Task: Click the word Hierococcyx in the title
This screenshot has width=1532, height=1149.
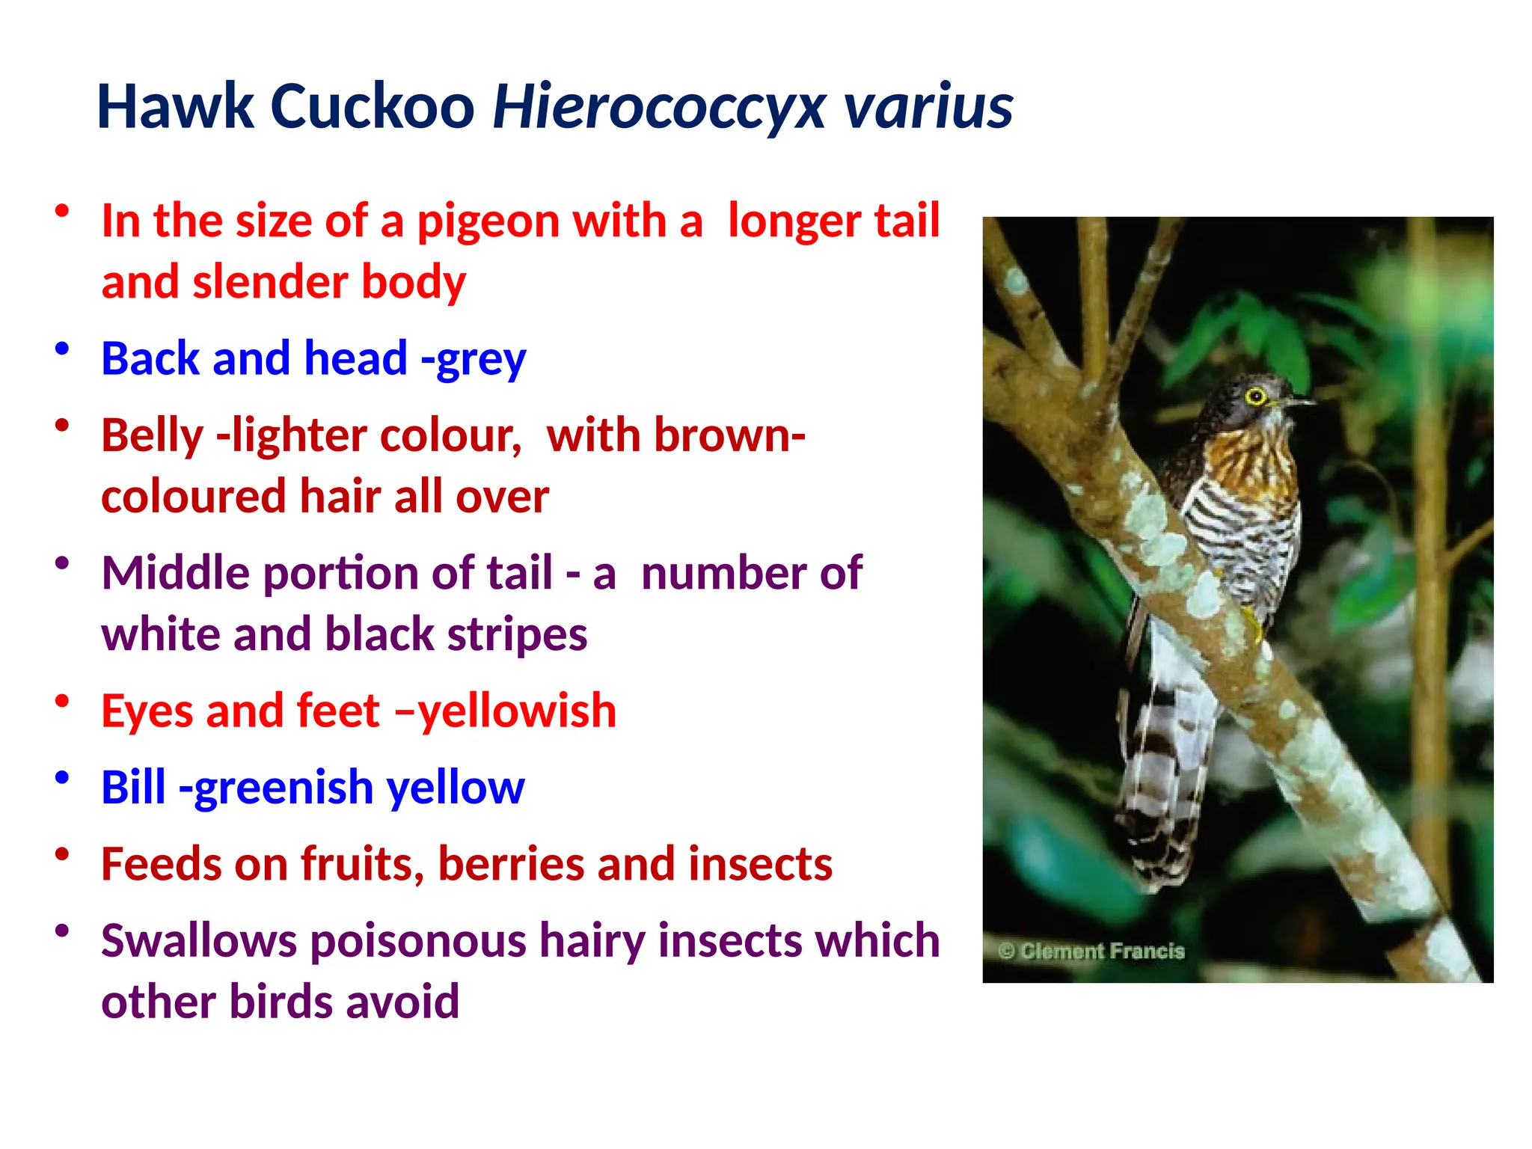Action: tap(659, 107)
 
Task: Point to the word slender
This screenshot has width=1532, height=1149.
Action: tap(271, 282)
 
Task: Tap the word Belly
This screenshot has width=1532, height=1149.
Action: tap(153, 436)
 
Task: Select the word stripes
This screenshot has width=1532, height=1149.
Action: tap(517, 634)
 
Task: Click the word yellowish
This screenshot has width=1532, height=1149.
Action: tap(517, 711)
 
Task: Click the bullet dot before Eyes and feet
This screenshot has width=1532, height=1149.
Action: tap(62, 701)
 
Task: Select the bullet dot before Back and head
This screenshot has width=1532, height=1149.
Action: tap(62, 349)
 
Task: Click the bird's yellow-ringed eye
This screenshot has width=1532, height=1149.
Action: tap(1255, 396)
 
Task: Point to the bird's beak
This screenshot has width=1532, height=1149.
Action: tap(1299, 402)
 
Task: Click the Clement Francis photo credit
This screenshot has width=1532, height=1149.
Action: tap(1092, 951)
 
